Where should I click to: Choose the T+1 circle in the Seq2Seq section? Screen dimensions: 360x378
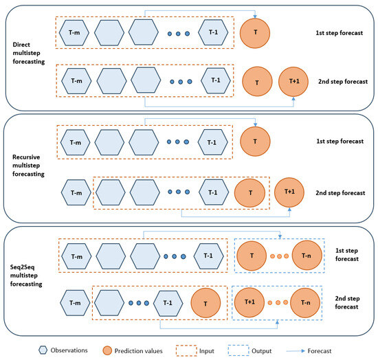point(249,300)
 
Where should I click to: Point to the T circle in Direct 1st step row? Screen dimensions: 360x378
point(255,32)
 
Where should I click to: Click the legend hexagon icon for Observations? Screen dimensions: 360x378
point(45,349)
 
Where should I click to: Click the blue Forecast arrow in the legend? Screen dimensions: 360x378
point(317,349)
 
